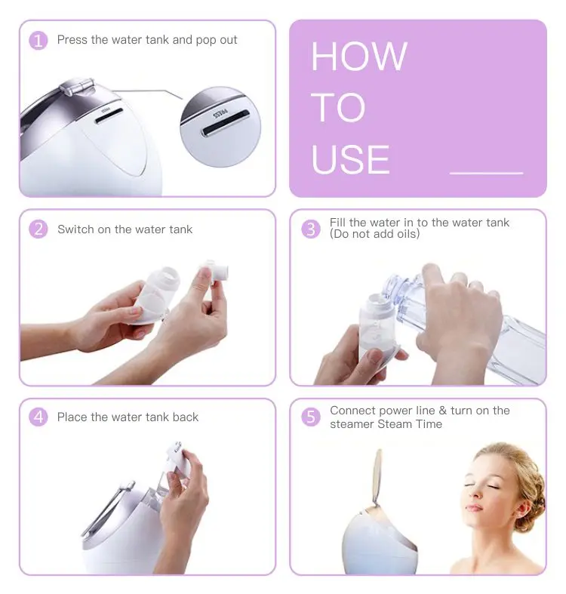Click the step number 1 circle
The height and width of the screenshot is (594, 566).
(38, 40)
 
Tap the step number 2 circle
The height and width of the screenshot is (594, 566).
(38, 229)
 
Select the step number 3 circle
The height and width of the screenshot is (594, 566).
(311, 229)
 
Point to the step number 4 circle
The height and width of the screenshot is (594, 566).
(38, 417)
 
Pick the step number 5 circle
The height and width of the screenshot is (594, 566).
(311, 417)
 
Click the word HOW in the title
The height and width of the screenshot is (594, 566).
(359, 57)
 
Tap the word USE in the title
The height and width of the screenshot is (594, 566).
(351, 159)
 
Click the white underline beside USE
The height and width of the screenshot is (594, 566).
(486, 173)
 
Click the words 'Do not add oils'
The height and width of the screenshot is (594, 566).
(374, 235)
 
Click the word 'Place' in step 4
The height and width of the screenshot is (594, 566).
(72, 417)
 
